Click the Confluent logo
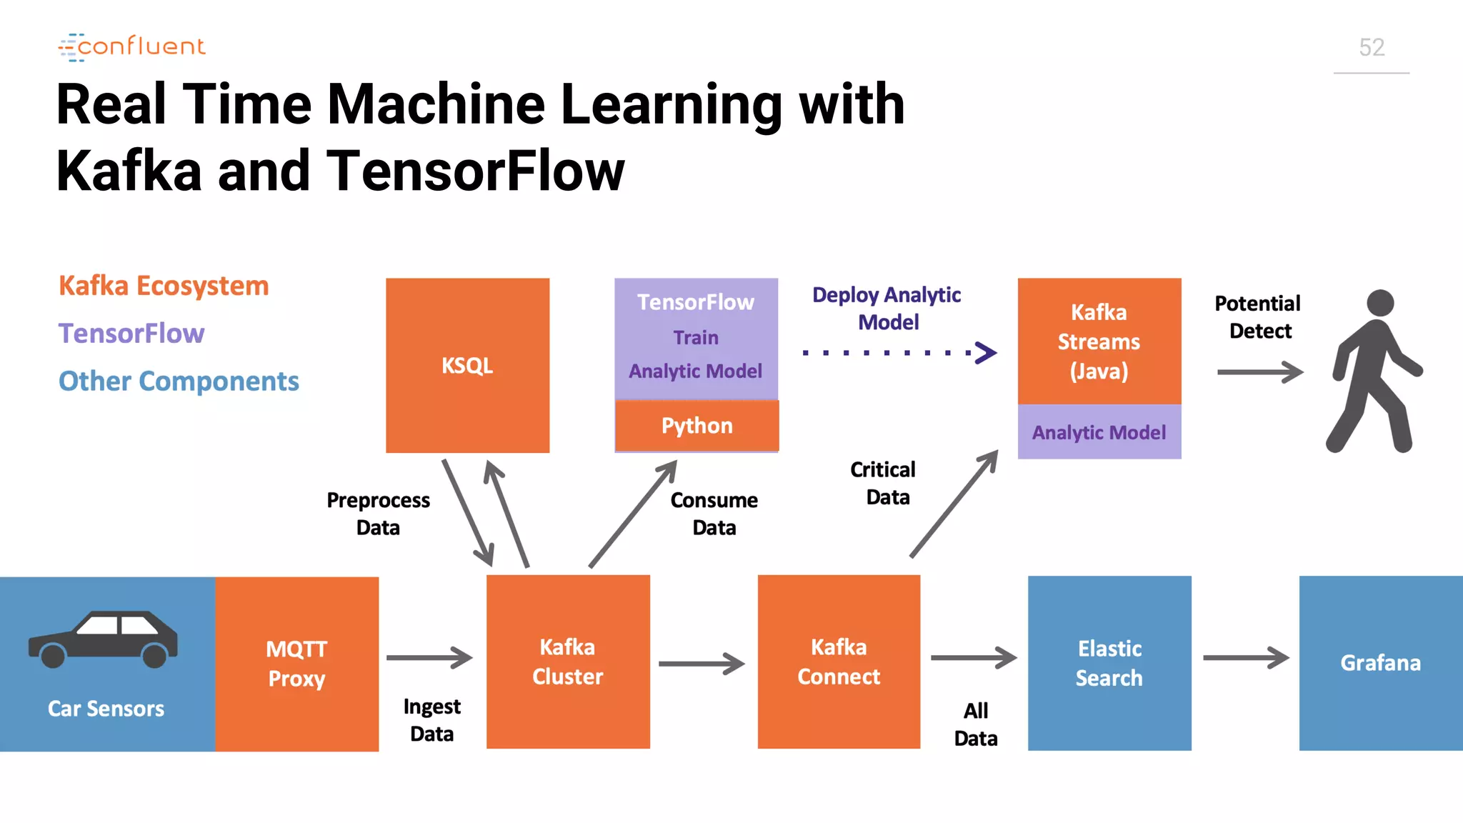[x=132, y=47]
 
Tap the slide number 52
[x=1371, y=48]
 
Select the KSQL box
[x=467, y=365]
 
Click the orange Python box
[x=696, y=426]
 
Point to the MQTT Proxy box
[x=296, y=663]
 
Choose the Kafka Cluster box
[x=568, y=662]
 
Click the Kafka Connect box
[x=839, y=662]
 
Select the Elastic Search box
[x=1109, y=663]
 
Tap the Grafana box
[x=1380, y=663]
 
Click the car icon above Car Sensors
[x=104, y=638]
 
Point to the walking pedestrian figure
[x=1372, y=371]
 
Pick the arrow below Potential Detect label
[x=1259, y=371]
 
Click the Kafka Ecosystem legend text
[x=164, y=286]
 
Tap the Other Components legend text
[x=179, y=381]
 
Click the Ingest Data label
[x=431, y=719]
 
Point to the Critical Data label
[x=884, y=483]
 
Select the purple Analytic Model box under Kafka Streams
[x=1099, y=432]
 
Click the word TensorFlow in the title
[x=475, y=171]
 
